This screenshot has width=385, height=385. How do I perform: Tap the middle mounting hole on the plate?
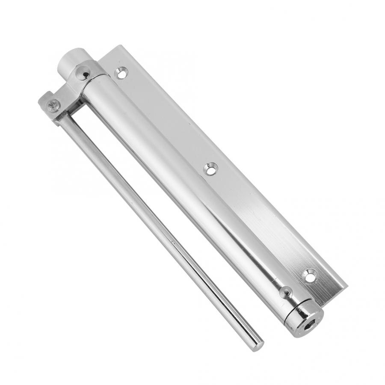click(210, 169)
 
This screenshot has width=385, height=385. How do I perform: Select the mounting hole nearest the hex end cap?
click(309, 276)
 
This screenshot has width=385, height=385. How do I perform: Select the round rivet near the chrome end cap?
click(285, 293)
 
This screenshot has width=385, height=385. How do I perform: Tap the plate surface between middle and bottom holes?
click(261, 222)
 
